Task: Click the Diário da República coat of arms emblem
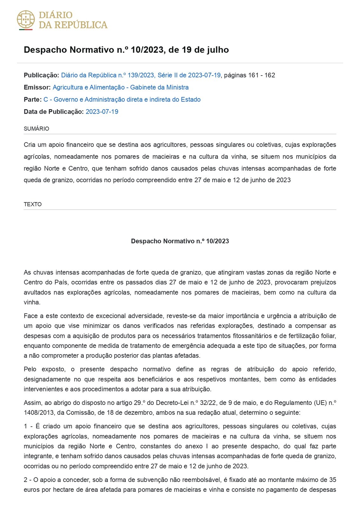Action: pos(26,20)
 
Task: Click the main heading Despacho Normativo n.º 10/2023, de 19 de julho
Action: pos(126,50)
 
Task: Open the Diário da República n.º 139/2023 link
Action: pos(141,75)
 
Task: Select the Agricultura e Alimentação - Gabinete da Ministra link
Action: pos(120,87)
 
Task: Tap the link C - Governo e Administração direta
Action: pos(122,99)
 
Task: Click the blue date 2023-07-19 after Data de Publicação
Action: pos(102,111)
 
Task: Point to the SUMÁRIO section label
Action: pos(36,129)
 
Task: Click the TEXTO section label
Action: pos(33,204)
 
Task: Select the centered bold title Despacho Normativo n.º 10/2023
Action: pos(180,241)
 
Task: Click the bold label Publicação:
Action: pos(41,75)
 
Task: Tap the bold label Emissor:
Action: pos(37,87)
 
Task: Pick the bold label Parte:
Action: pos(32,99)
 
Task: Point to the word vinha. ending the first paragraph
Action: pos(32,302)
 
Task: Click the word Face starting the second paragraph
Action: pos(30,316)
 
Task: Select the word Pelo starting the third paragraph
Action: pos(30,369)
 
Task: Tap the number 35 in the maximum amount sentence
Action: pos(332,480)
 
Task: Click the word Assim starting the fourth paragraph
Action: pos(32,403)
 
